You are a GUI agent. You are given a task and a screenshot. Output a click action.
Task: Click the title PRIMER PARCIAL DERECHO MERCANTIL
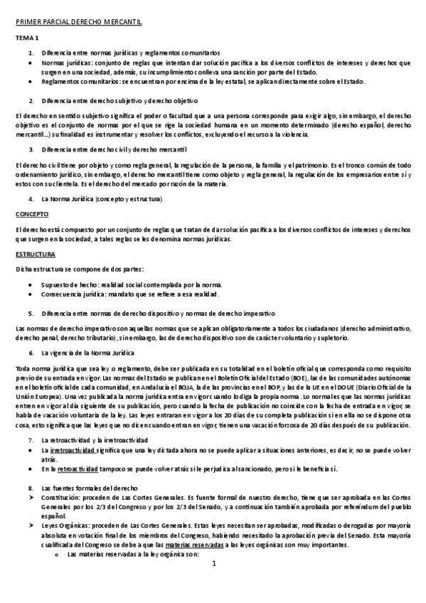79,22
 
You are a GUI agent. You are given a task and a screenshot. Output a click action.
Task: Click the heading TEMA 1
27,38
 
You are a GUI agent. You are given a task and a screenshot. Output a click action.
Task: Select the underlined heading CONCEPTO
31,213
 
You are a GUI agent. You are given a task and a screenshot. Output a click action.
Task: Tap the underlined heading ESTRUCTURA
33,253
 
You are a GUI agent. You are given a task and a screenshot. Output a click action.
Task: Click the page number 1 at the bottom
213,565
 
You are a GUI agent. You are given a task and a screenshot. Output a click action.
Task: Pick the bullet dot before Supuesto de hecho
29,284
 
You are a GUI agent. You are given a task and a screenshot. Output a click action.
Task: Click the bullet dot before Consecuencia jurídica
29,294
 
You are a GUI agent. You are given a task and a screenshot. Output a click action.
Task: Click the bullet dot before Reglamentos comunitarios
29,81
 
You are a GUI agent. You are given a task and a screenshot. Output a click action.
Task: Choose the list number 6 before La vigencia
31,353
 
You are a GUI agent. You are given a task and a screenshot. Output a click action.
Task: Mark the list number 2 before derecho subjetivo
31,101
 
